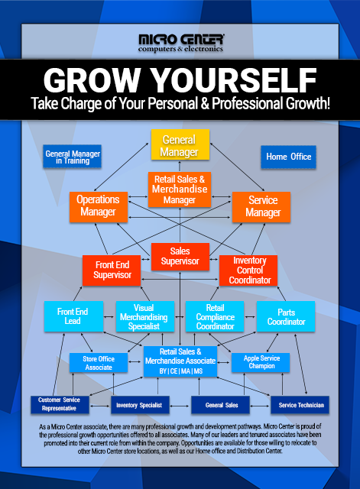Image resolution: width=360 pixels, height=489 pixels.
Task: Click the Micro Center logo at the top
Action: (x=180, y=43)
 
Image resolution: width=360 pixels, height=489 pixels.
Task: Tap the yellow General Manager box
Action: (x=180, y=144)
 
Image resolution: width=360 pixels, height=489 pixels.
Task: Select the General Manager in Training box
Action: (x=72, y=156)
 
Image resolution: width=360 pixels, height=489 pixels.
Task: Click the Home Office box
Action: (x=288, y=157)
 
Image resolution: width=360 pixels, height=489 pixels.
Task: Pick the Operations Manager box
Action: (x=99, y=207)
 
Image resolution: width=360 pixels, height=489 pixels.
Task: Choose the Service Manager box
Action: (x=261, y=207)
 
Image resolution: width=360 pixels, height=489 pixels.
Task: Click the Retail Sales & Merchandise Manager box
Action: (x=180, y=189)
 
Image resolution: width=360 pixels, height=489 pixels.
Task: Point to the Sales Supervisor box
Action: (x=180, y=257)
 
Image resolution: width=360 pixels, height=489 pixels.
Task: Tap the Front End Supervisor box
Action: (x=112, y=270)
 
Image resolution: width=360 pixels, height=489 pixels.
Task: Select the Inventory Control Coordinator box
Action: (x=248, y=270)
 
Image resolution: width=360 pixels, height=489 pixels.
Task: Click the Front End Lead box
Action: (x=73, y=316)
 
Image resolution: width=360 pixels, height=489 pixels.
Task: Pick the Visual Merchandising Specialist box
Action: (x=145, y=316)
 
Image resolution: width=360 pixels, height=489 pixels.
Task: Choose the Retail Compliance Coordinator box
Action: (x=215, y=316)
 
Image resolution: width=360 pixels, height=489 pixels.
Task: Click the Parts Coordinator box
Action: (x=286, y=316)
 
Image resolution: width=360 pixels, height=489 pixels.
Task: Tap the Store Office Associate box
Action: (x=99, y=363)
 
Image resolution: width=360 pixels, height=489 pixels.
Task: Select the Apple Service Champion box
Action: (x=261, y=362)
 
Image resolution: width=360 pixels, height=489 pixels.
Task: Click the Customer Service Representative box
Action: (x=60, y=405)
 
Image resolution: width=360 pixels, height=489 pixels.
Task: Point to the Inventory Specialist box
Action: (x=140, y=405)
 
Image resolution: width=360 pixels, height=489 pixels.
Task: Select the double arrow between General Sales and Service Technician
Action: (x=260, y=406)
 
